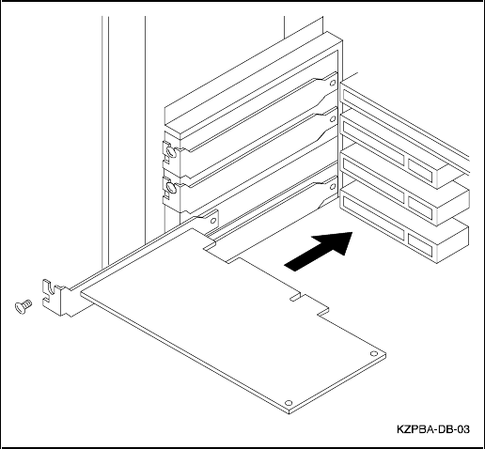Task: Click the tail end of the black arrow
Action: coord(289,266)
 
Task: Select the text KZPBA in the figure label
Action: coord(415,429)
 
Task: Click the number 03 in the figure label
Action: coord(463,429)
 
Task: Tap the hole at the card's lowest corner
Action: coord(289,403)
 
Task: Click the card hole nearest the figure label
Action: coord(374,353)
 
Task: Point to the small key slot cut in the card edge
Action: coord(295,297)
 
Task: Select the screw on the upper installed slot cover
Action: coord(171,152)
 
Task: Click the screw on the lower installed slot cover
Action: coord(171,187)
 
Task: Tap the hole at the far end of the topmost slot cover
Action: coord(333,83)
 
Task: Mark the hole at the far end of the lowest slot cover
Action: coord(333,187)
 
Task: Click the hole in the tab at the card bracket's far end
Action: coord(213,221)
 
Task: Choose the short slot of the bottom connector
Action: coord(420,242)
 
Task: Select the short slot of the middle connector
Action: coord(420,206)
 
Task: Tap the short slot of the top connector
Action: coord(420,169)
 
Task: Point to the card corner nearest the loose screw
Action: coord(81,293)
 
